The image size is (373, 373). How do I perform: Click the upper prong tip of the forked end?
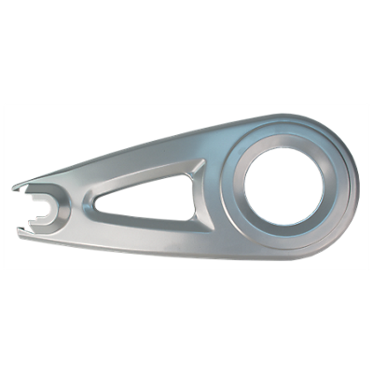pos(21,187)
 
